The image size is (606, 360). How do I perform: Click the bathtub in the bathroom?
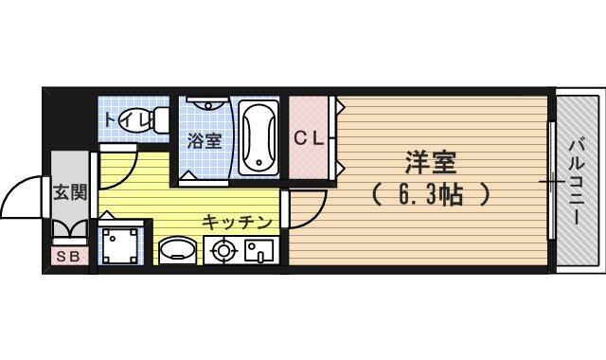point(258,137)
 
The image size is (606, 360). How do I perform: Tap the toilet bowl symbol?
point(152,119)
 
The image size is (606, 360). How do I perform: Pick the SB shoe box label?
point(68,255)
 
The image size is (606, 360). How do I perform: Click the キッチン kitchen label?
point(237,222)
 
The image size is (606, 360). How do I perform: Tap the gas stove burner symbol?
point(223,251)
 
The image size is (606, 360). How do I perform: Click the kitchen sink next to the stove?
point(258,251)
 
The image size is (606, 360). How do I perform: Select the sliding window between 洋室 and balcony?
point(549,180)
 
